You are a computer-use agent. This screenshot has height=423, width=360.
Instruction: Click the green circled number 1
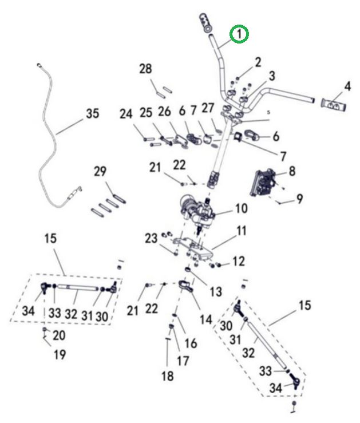(x=239, y=35)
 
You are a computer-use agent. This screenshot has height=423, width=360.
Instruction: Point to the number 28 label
(x=146, y=69)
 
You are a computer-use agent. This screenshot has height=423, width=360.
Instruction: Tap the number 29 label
(x=100, y=171)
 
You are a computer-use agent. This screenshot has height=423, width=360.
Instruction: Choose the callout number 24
(x=126, y=114)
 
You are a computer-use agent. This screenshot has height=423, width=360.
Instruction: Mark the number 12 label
(x=239, y=262)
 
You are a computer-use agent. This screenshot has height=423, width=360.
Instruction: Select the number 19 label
(x=60, y=355)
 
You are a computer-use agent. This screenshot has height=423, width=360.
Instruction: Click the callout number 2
(x=258, y=62)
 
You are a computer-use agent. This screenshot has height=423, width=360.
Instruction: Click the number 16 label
(x=191, y=343)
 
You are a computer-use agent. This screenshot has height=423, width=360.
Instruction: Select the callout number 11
(x=242, y=232)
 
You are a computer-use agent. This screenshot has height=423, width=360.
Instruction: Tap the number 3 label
(x=271, y=76)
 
